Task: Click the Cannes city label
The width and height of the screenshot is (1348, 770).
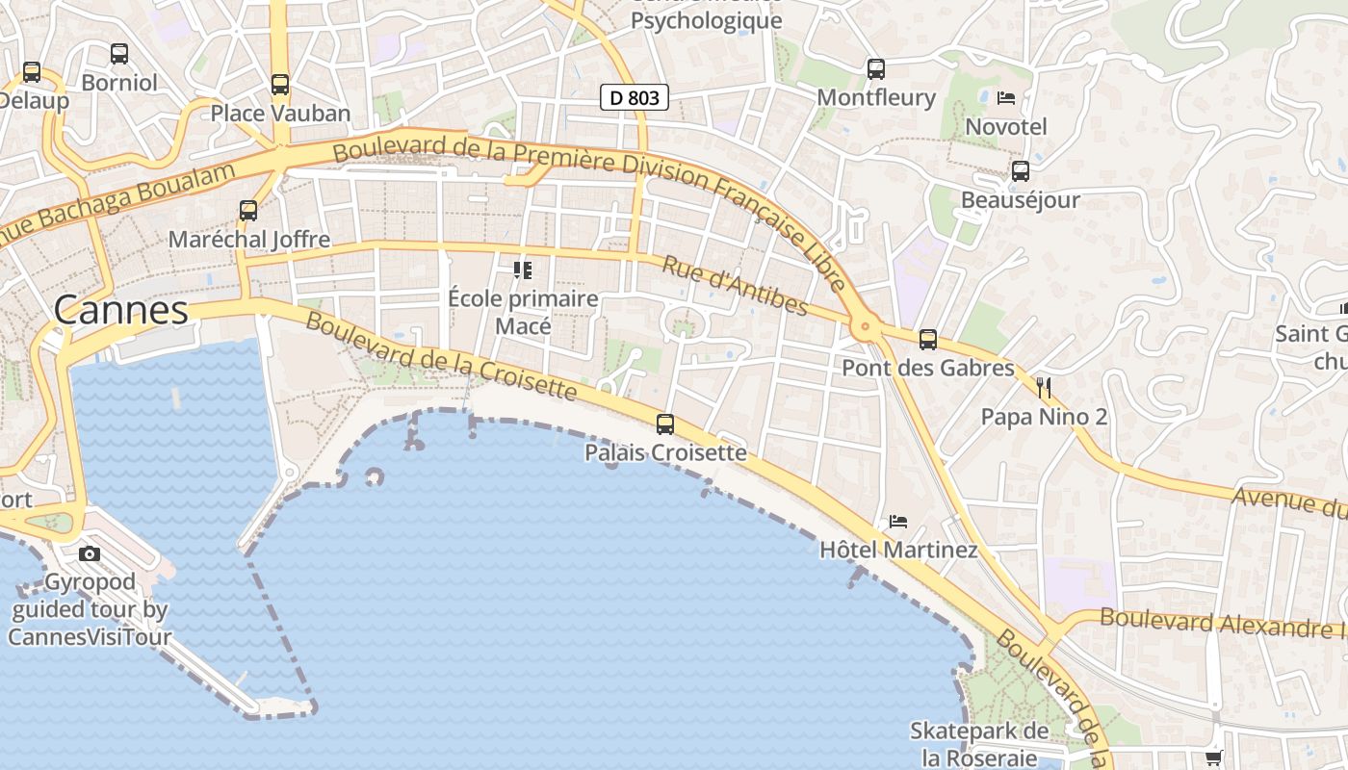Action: click(x=121, y=310)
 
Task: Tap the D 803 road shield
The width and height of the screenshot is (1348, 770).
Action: click(x=635, y=97)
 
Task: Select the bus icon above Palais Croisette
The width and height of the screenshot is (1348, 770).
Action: click(x=665, y=423)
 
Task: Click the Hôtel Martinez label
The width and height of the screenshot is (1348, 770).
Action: click(x=898, y=550)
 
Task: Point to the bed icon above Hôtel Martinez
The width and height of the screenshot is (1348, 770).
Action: click(x=898, y=522)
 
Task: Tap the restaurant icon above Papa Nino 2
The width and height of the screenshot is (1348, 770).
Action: click(x=1044, y=388)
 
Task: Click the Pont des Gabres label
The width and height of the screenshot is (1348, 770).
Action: click(x=928, y=368)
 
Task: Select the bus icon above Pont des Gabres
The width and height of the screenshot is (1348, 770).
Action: click(x=928, y=339)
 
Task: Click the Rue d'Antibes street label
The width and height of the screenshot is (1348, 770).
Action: click(x=735, y=286)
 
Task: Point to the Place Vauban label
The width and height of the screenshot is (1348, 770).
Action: click(x=280, y=113)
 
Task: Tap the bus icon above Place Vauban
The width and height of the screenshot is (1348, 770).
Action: click(x=280, y=84)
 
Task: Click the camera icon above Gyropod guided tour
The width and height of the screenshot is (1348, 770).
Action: click(x=90, y=553)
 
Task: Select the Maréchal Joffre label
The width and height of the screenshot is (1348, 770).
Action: click(x=249, y=239)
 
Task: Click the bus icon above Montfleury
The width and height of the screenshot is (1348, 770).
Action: click(x=875, y=68)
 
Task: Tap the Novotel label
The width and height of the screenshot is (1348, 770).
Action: click(x=1006, y=126)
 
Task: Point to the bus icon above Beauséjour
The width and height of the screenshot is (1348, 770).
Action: click(x=1021, y=171)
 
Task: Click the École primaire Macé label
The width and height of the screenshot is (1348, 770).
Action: click(x=524, y=312)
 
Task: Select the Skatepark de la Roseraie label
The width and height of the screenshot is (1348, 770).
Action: click(x=979, y=744)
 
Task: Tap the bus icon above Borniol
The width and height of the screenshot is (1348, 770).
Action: click(x=119, y=54)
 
